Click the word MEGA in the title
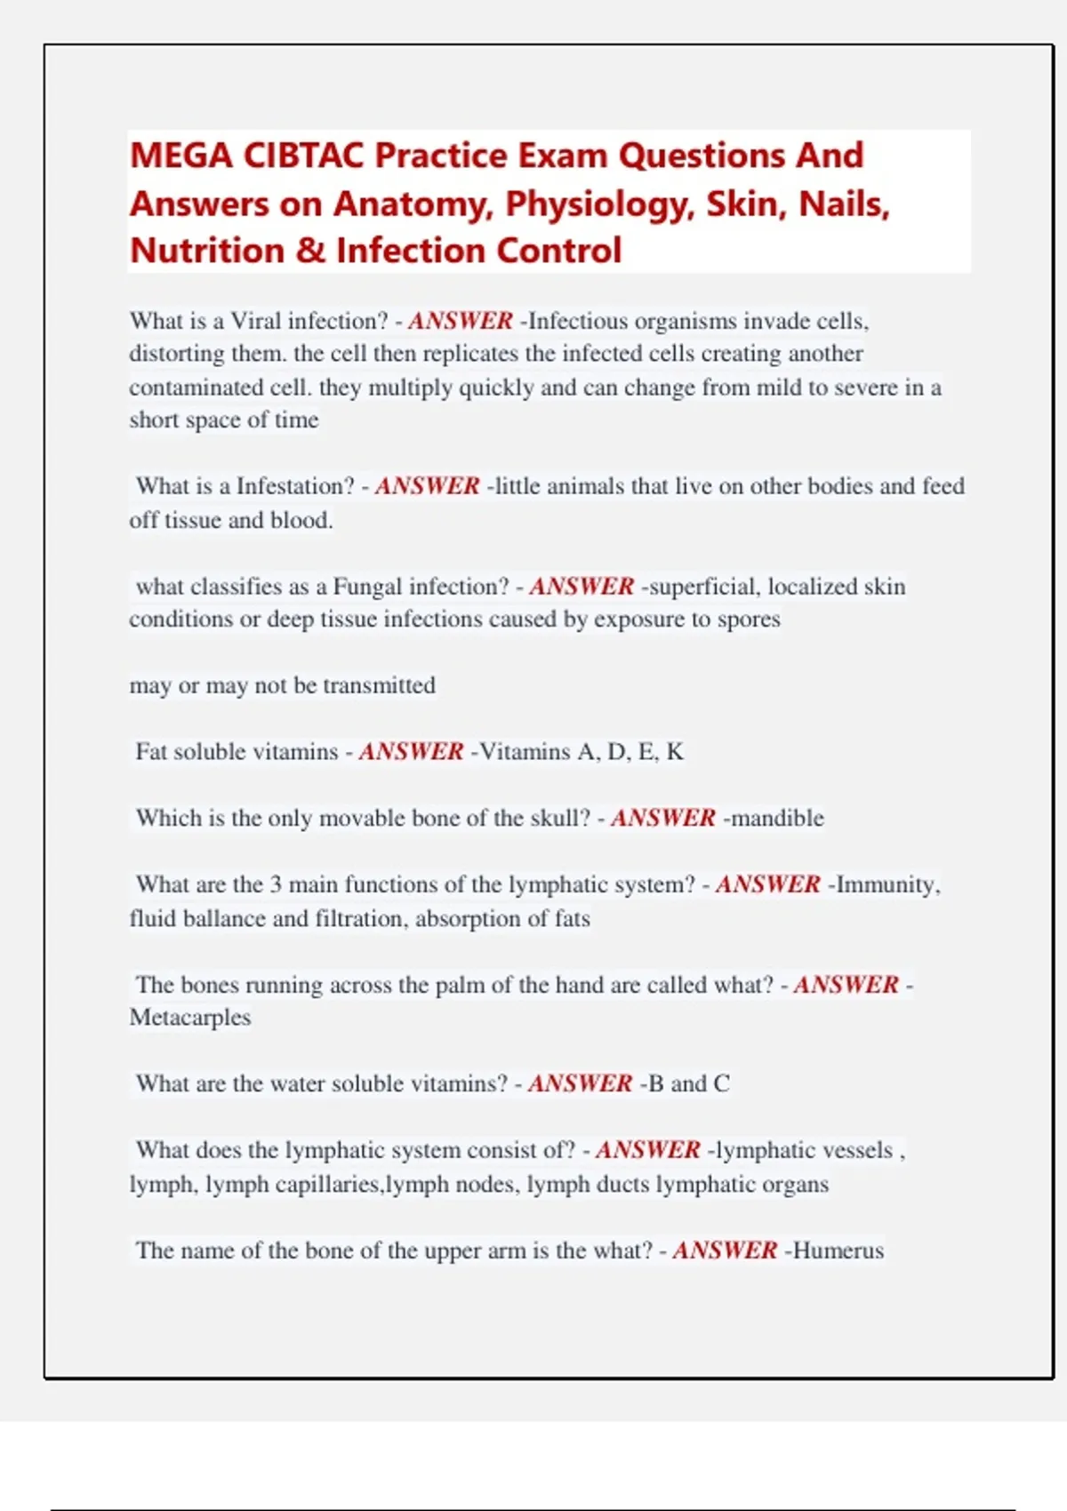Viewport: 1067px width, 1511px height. coord(181,156)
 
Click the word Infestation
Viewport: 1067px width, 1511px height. coord(295,486)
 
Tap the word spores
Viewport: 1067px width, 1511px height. coord(749,620)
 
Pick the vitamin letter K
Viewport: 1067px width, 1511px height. coord(675,752)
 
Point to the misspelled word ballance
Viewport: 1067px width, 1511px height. coord(224,918)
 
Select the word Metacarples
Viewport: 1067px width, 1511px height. coord(190,1018)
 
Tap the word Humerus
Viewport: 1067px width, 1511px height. coord(838,1251)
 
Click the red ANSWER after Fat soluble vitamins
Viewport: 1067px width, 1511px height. coord(411,752)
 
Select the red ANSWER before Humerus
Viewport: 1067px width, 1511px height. coord(725,1251)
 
